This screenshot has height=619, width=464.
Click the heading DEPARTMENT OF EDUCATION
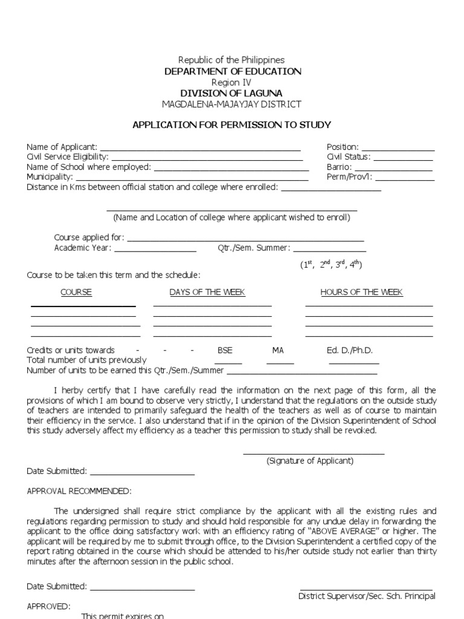click(233, 71)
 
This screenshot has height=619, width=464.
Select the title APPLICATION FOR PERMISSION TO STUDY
click(232, 125)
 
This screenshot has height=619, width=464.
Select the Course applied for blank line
click(245, 239)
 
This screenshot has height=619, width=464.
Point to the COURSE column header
click(76, 292)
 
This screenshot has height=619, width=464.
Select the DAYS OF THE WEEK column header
click(207, 292)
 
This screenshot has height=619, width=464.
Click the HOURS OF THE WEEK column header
click(361, 292)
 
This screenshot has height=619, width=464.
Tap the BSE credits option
click(225, 350)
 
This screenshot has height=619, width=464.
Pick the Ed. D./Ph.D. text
click(350, 350)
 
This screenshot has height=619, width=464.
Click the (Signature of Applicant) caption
click(310, 461)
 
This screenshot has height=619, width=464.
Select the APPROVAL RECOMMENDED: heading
click(79, 491)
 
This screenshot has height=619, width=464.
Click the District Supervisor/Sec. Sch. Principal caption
click(367, 596)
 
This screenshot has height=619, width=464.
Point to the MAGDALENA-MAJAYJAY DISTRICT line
click(232, 104)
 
